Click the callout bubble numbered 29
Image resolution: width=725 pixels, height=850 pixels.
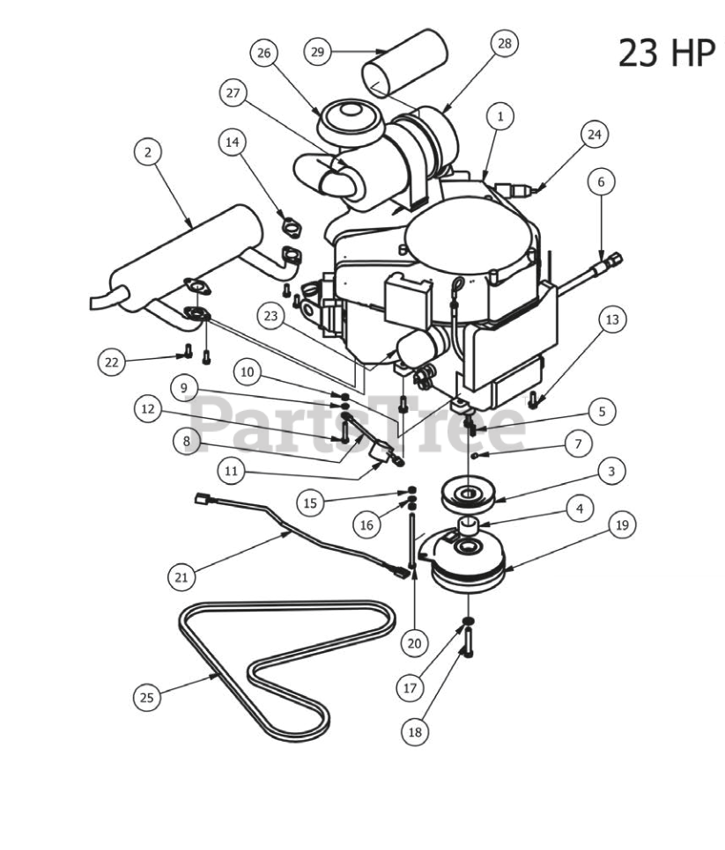click(x=318, y=52)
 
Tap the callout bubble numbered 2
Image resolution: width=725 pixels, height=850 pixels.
click(x=148, y=152)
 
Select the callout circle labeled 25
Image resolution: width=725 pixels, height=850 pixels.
click(x=146, y=698)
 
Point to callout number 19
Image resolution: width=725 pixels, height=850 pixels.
click(x=622, y=525)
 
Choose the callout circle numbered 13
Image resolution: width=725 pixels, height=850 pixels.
click(x=613, y=320)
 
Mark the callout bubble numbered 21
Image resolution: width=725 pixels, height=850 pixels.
click(x=181, y=577)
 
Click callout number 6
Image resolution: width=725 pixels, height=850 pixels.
click(x=601, y=181)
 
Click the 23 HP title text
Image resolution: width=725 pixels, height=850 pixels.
click(x=667, y=52)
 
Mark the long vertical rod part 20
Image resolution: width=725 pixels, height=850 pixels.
click(x=411, y=537)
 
